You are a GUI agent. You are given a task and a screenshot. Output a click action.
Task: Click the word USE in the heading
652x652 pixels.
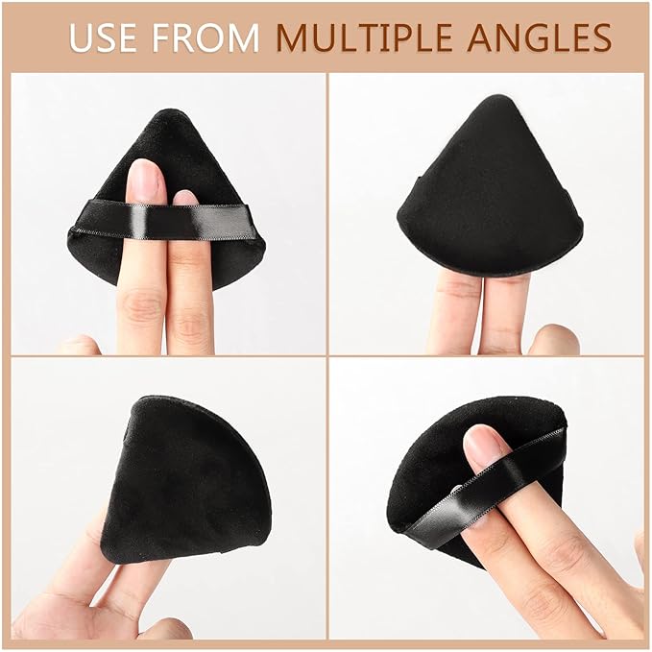point(103,37)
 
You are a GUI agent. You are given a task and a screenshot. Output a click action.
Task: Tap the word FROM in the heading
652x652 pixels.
point(205,37)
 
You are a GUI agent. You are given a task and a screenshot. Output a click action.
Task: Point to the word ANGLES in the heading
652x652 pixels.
point(540,37)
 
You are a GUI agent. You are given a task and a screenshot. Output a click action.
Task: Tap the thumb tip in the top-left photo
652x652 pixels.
point(80,345)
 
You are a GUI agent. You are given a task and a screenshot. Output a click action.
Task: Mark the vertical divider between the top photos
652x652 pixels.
point(327,214)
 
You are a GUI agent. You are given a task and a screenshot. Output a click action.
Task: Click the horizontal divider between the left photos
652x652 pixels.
point(168,356)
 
